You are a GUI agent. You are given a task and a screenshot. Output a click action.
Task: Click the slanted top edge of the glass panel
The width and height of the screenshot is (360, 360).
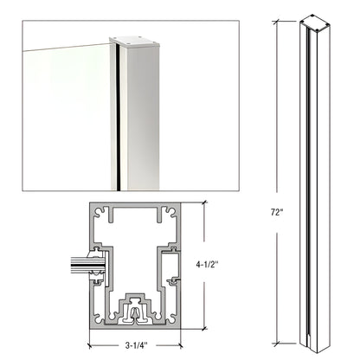(x=61, y=42)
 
